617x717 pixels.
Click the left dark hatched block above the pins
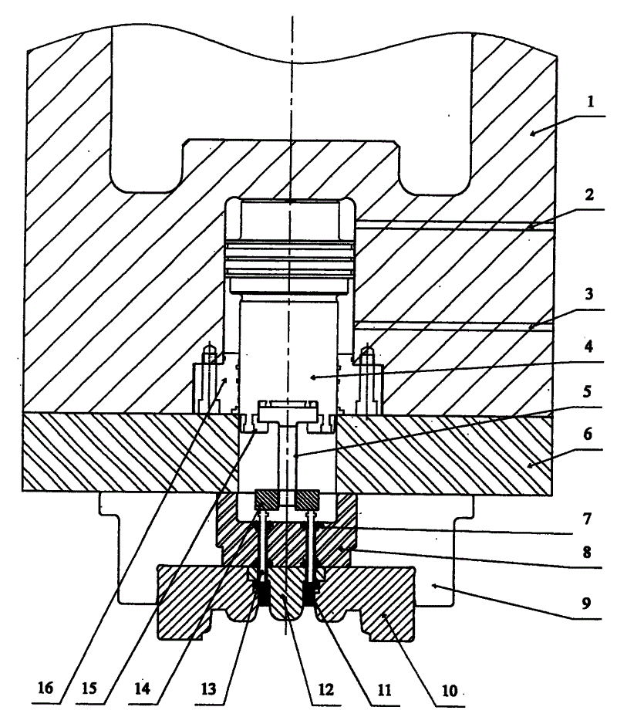(267, 499)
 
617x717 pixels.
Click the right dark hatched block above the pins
(307, 499)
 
